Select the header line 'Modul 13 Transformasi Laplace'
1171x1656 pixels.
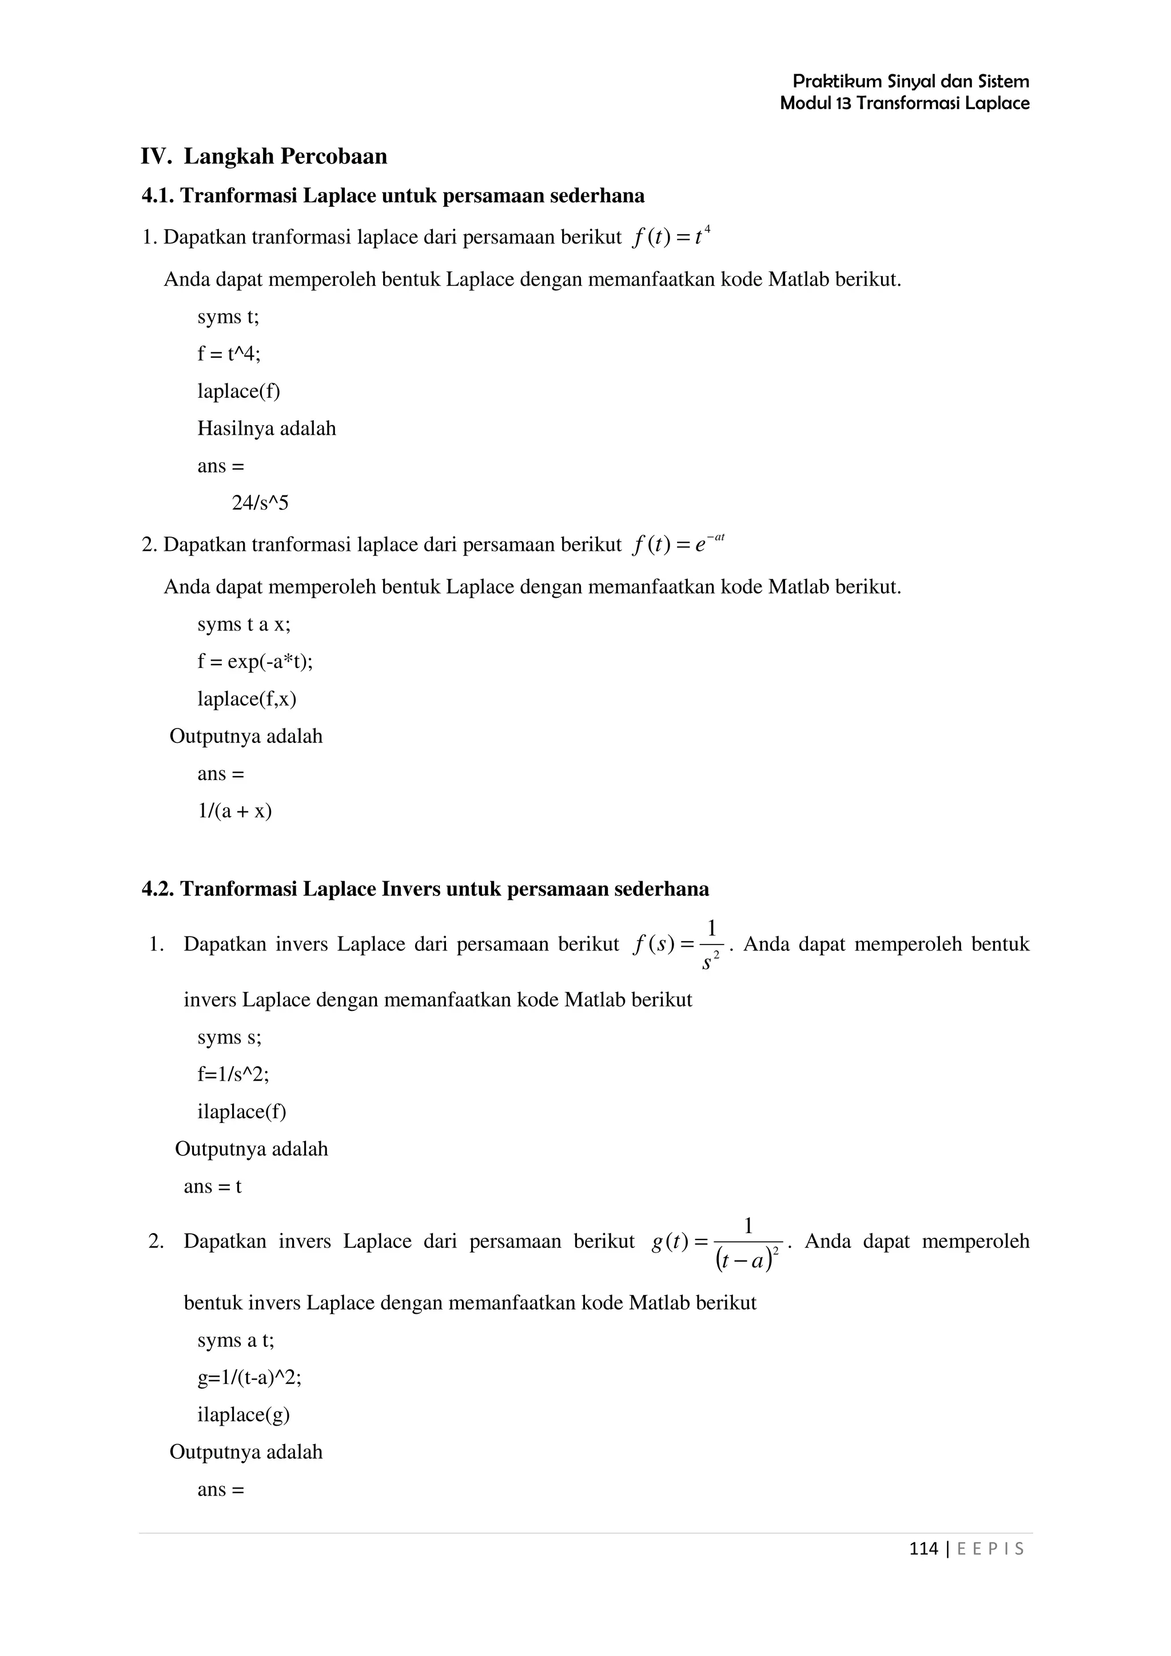click(904, 103)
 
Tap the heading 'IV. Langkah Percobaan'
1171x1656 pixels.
click(264, 157)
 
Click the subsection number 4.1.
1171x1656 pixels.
click(158, 195)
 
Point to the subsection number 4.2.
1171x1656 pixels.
click(158, 889)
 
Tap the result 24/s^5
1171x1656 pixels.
click(260, 503)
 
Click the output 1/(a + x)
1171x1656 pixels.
click(234, 811)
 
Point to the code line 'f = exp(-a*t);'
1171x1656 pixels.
click(254, 661)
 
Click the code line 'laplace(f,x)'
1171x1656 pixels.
click(247, 699)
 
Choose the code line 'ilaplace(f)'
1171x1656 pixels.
click(242, 1111)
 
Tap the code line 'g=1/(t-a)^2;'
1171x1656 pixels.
click(249, 1378)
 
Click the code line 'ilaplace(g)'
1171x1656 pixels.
click(243, 1414)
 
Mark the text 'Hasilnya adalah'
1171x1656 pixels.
click(266, 429)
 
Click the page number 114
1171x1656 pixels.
click(923, 1549)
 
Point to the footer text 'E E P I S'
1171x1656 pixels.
click(990, 1549)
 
